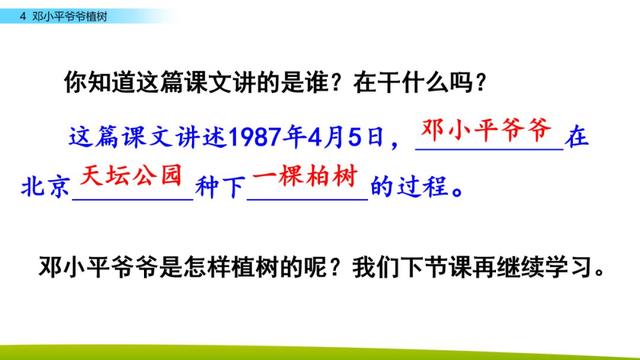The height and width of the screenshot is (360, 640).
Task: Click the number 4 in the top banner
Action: click(23, 16)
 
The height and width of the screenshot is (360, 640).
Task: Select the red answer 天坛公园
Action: click(131, 176)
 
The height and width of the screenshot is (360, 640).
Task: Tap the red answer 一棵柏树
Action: click(305, 176)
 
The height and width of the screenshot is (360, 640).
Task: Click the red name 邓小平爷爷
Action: click(486, 130)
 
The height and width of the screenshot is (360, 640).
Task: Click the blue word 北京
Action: click(45, 187)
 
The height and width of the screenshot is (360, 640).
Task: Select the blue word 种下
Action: click(220, 187)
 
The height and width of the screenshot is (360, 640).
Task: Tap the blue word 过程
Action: click(423, 187)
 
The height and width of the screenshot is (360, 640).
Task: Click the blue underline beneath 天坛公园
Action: click(133, 200)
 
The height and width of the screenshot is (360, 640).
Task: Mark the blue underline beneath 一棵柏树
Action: click(307, 200)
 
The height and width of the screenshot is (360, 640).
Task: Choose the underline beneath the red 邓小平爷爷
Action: click(489, 150)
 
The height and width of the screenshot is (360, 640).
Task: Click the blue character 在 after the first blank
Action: click(577, 136)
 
